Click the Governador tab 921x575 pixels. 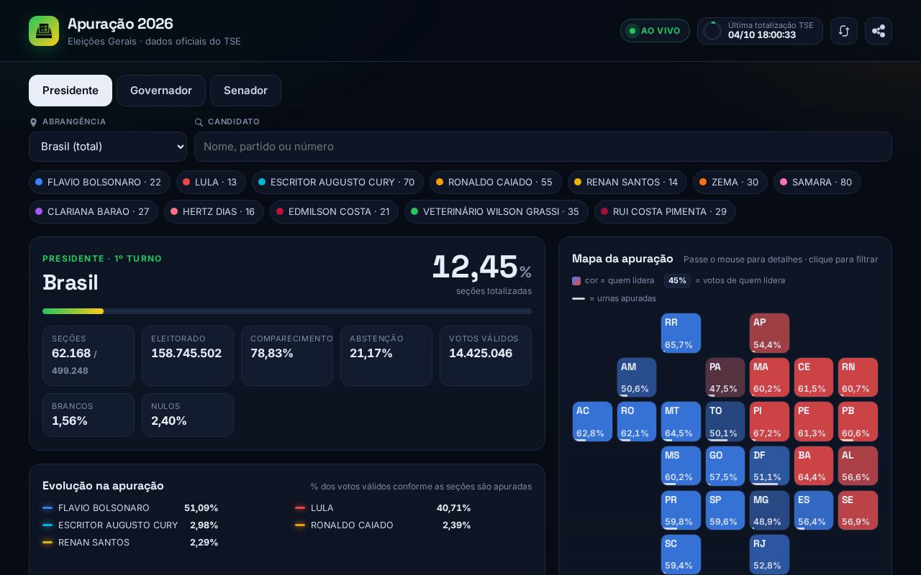160,91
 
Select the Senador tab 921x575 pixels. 245,91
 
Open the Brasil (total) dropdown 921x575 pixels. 108,147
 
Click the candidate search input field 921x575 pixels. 543,147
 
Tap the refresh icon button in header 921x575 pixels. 844,31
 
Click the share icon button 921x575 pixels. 879,31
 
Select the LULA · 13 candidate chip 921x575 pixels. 211,182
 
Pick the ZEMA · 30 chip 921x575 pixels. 730,182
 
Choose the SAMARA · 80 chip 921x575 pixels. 817,182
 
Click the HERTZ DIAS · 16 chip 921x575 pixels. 214,211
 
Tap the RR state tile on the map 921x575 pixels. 681,333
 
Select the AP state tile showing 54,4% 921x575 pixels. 769,333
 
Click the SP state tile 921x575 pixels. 725,510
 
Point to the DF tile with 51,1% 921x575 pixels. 769,466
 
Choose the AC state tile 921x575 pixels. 592,421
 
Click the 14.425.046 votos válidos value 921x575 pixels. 481,353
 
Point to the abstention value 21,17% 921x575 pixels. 371,353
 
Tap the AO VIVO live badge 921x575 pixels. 655,31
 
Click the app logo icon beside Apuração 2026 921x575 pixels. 44,31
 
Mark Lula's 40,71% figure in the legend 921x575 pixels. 453,508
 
